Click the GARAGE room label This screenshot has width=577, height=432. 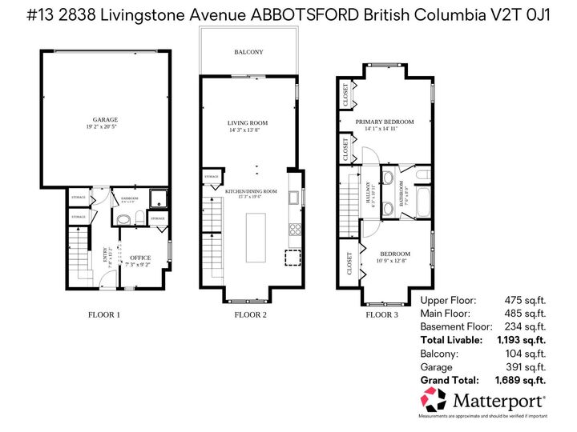coord(104,119)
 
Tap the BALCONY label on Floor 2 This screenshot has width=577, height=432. coord(248,52)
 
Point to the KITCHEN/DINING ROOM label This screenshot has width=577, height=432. coord(250,191)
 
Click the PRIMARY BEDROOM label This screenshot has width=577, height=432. coord(385,122)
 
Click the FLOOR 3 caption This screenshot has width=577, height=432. coord(381,314)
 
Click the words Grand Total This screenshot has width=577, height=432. coord(450,380)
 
